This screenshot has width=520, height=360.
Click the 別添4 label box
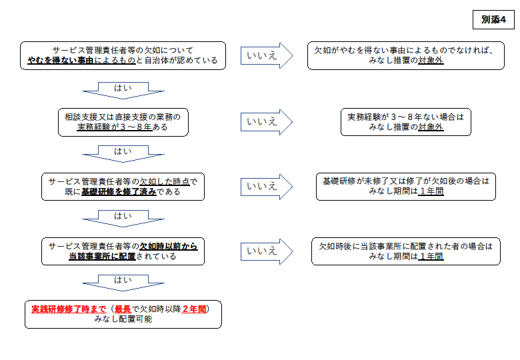coord(493,20)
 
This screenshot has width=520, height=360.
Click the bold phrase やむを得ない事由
coord(61,60)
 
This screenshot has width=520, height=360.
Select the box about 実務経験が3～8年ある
coord(123,122)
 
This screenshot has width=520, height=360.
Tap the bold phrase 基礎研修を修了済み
coord(119,191)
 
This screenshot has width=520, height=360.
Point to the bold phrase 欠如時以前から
coord(169,246)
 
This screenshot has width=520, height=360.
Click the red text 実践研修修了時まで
coord(69,309)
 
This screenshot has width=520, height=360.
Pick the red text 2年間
coord(194,309)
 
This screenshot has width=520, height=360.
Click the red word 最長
coord(123,309)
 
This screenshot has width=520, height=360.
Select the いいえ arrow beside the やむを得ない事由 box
coord(267,56)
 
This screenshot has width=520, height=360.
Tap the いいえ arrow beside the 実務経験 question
coord(267,122)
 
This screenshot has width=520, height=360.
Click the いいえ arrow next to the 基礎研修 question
coord(267,187)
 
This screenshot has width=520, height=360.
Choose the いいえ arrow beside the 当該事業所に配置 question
coord(267,251)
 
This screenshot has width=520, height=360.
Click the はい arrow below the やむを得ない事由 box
coord(123,91)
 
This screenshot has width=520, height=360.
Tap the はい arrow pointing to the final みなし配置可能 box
coord(123,283)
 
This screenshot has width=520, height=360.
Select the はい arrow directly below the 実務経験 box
coord(123,154)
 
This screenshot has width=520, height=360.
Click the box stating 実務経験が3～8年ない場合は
coord(406,122)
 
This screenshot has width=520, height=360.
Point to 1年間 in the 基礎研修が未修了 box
coord(431,191)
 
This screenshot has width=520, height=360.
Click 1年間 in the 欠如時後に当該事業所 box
coord(431,256)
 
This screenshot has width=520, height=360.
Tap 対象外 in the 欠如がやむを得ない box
coord(431,60)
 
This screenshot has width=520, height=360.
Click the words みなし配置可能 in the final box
coord(123,319)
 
